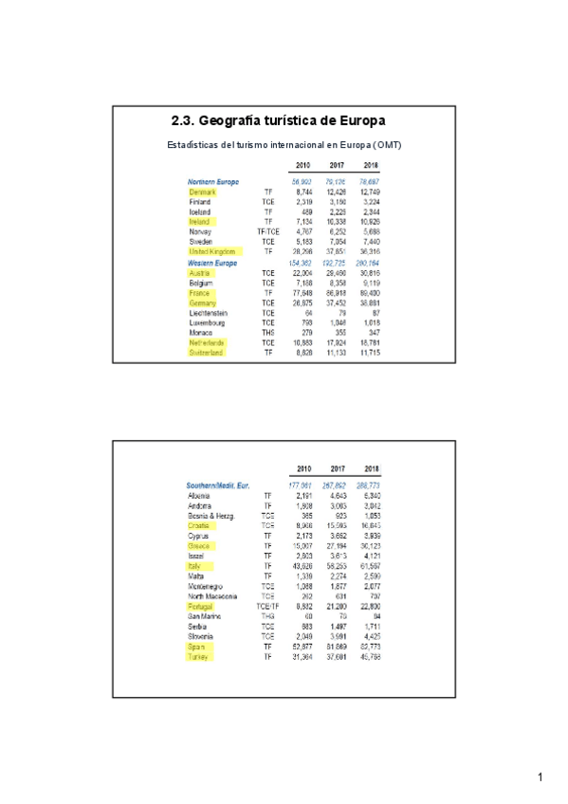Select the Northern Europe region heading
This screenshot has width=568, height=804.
click(x=213, y=181)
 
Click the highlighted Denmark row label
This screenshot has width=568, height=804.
click(x=203, y=192)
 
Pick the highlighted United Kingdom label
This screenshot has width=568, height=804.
click(x=214, y=251)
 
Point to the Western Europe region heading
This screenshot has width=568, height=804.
click(x=212, y=263)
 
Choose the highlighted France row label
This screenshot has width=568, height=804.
click(x=199, y=292)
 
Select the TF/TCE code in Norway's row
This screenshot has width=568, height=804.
click(x=268, y=231)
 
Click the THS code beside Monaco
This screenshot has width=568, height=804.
click(x=268, y=332)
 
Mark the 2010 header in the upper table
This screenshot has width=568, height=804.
click(x=302, y=165)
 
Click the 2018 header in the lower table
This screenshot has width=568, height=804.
click(x=372, y=468)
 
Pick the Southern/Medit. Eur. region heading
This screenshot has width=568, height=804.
click(x=219, y=485)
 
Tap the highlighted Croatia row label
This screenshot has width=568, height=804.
click(x=199, y=524)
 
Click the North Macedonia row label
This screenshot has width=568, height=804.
click(x=212, y=595)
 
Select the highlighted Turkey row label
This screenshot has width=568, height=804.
click(x=198, y=656)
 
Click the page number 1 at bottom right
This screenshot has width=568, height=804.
click(x=540, y=777)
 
